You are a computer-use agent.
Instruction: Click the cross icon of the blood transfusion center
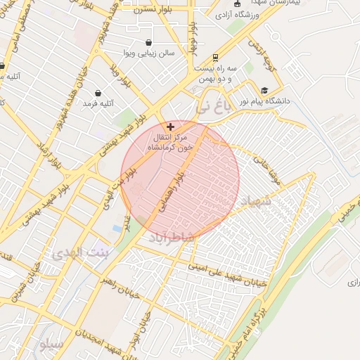coord(171,127)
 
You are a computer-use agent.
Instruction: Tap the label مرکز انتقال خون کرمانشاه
coord(169,143)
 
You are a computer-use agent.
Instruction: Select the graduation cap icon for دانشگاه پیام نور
coord(264,90)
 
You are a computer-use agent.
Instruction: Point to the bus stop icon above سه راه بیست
coord(214,58)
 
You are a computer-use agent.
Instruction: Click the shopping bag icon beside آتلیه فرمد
coord(97,93)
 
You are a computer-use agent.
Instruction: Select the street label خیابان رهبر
coord(120,287)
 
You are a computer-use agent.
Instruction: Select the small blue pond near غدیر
coord(117,229)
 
